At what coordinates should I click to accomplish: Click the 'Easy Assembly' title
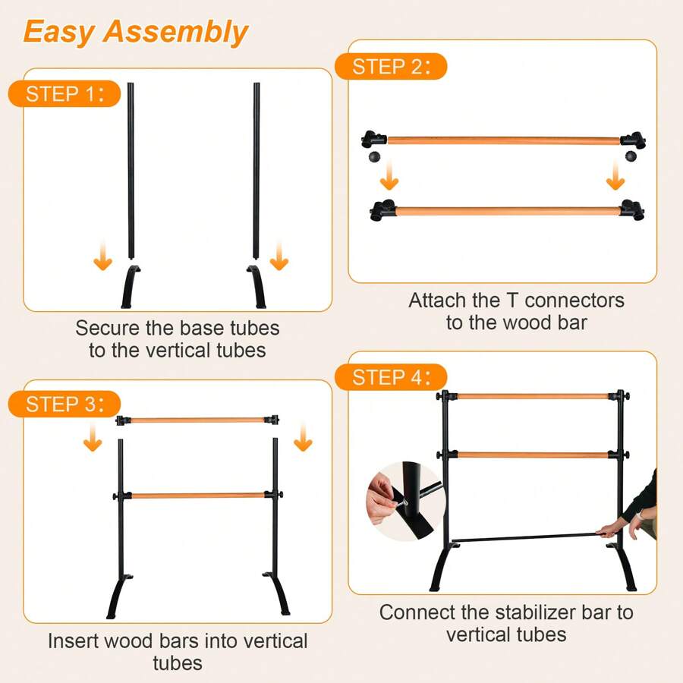click(x=136, y=32)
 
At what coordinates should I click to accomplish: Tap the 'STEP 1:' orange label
click(x=64, y=94)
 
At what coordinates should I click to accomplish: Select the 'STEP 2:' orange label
click(x=390, y=66)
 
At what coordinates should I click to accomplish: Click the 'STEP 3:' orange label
click(x=64, y=404)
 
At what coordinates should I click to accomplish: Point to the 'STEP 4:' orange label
click(x=390, y=377)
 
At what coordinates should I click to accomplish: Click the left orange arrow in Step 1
click(x=103, y=260)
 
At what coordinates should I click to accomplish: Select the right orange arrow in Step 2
click(x=615, y=180)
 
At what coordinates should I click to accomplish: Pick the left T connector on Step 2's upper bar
click(x=373, y=140)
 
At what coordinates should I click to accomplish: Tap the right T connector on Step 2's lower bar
click(x=631, y=209)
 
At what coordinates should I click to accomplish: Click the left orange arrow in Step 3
click(x=93, y=439)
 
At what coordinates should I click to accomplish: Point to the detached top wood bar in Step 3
click(x=197, y=419)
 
